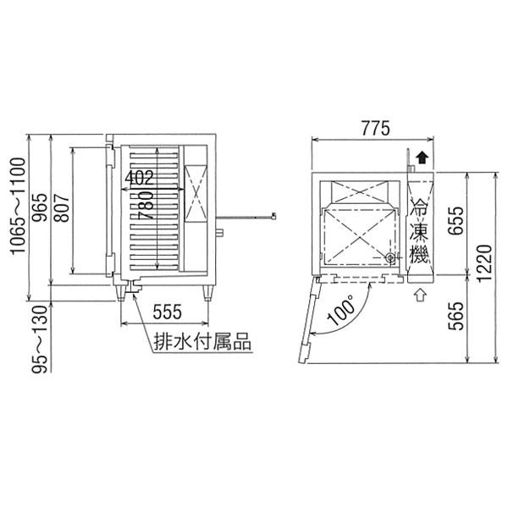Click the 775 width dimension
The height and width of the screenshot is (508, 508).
(x=375, y=129)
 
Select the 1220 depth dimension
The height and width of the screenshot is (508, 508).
(x=485, y=263)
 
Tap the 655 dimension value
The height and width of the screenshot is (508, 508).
(x=456, y=221)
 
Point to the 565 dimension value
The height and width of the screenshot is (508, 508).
(x=456, y=316)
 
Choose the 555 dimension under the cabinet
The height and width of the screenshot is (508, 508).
(x=167, y=312)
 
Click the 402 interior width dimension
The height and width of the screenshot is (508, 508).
(x=139, y=178)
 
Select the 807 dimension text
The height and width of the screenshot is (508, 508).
(x=62, y=207)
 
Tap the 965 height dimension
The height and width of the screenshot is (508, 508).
(x=41, y=207)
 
